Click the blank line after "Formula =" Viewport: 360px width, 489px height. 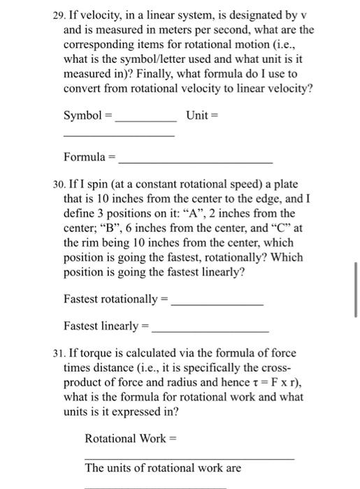pos(196,161)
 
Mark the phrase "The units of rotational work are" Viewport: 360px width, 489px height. pos(163,467)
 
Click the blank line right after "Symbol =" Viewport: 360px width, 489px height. pos(145,119)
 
